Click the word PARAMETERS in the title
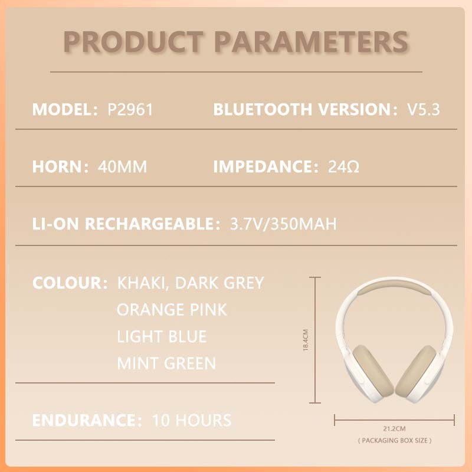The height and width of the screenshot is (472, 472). click(x=314, y=41)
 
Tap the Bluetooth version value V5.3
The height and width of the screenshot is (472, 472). click(x=424, y=110)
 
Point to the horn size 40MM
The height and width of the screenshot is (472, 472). click(x=122, y=167)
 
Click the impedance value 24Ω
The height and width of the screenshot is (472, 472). click(x=343, y=167)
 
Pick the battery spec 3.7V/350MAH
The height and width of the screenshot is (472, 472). click(x=278, y=224)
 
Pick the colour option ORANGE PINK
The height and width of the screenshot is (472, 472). click(x=172, y=309)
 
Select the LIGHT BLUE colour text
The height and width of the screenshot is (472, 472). click(x=162, y=336)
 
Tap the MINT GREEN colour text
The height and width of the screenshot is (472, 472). click(x=166, y=363)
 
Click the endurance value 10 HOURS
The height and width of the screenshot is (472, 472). click(x=192, y=421)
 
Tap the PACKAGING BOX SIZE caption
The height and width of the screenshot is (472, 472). click(x=395, y=441)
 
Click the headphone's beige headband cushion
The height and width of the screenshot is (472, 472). click(x=395, y=290)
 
